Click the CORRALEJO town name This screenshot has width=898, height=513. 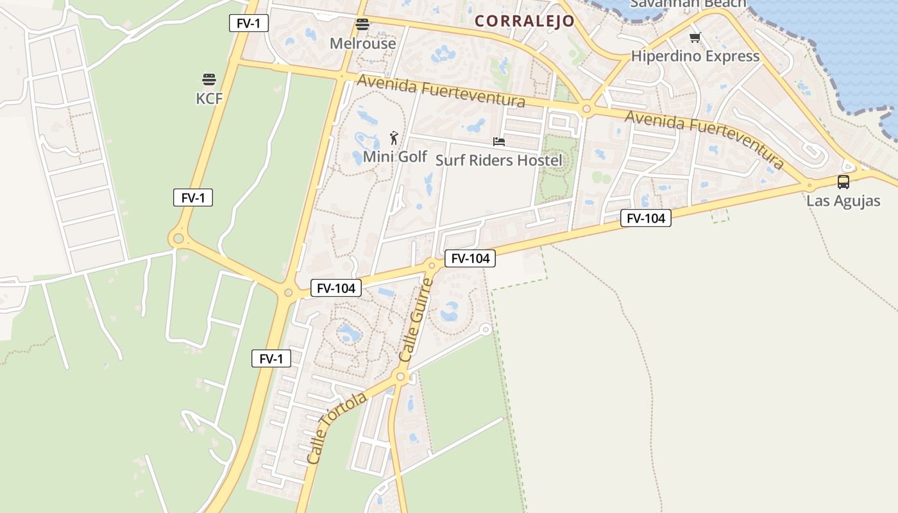tap(525, 21)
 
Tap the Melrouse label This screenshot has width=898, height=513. tap(362, 44)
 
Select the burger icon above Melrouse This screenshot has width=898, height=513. tap(362, 25)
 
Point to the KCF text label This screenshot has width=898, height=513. tap(209, 98)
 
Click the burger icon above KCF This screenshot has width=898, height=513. tap(209, 80)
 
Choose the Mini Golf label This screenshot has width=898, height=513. tap(394, 156)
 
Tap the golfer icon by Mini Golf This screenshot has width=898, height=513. tap(394, 137)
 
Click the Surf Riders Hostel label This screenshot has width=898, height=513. tap(498, 160)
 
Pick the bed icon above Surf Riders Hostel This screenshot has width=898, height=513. tap(499, 141)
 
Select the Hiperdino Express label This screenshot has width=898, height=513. tap(695, 56)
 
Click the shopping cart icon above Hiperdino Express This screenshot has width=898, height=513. tap(695, 38)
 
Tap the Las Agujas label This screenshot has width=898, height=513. tap(843, 201)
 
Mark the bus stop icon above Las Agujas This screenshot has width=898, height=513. tap(843, 182)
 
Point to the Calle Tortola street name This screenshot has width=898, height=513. tap(337, 428)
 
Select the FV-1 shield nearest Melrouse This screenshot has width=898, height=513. tap(249, 23)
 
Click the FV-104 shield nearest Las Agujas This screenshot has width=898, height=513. tap(645, 219)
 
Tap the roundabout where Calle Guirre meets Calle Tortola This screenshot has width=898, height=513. tap(401, 377)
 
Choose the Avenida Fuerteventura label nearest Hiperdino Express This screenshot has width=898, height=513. tap(704, 139)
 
